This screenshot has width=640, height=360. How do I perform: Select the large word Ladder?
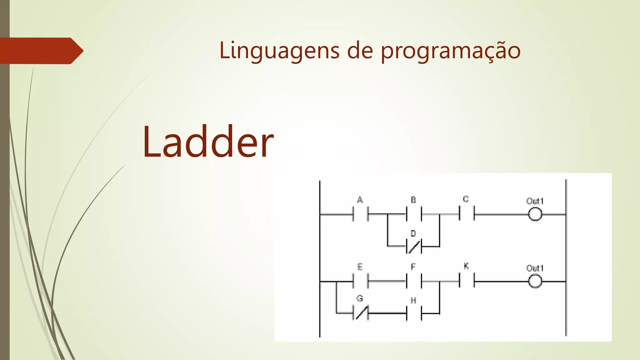coord(208,142)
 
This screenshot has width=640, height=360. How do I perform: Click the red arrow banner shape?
coord(41,51)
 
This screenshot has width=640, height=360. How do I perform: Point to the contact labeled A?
coord(360,214)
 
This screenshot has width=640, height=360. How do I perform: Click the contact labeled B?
coord(414,214)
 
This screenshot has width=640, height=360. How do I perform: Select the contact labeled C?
coord(467,214)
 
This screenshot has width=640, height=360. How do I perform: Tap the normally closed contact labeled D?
coord(414,247)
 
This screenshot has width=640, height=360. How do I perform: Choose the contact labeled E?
coord(360,281)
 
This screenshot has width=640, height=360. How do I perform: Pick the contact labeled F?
coord(414,281)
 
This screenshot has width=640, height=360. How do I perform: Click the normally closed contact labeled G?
coord(360,313)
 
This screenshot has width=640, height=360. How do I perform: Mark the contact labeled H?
coord(414,313)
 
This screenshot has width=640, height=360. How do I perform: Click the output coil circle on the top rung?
coord(535,214)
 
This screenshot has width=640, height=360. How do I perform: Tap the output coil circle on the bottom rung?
coord(535,281)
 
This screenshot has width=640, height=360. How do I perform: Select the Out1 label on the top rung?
coord(535,201)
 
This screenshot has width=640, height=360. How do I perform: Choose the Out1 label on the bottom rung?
coord(535,268)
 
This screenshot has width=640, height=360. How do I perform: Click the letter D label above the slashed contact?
coord(413,233)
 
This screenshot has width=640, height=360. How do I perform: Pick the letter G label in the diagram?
coord(360,298)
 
